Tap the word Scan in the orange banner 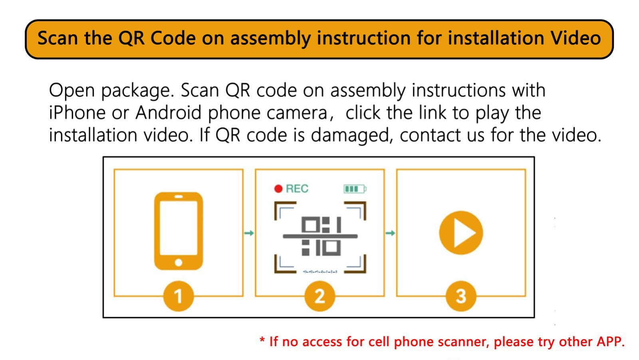point(58,38)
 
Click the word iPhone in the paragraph point(77,113)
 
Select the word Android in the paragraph point(168,113)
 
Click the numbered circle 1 point(178,296)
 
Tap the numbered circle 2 point(319,296)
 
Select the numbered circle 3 point(461,296)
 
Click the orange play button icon point(461,233)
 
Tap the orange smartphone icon point(179,231)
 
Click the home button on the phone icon point(179,263)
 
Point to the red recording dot point(278,189)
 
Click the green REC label point(297,189)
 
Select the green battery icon point(355,189)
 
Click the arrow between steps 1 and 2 point(249,233)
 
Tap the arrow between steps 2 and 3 point(390,233)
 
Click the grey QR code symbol point(320,236)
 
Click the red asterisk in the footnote point(262,340)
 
